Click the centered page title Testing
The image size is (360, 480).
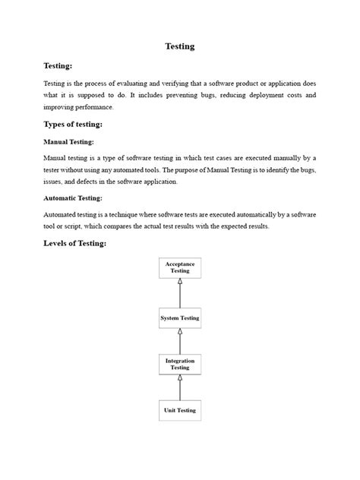click(x=180, y=46)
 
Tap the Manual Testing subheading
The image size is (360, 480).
click(x=69, y=141)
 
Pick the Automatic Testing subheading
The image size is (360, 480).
click(x=74, y=197)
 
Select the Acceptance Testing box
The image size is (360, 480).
click(x=180, y=267)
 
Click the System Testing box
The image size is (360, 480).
click(x=180, y=318)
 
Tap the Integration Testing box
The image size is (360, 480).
click(x=180, y=365)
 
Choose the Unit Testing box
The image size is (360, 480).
click(x=180, y=410)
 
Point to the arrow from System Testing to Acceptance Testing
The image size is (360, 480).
click(x=180, y=292)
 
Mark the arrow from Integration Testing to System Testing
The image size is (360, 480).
click(x=180, y=341)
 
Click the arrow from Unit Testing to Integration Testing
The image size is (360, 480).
click(x=180, y=387)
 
